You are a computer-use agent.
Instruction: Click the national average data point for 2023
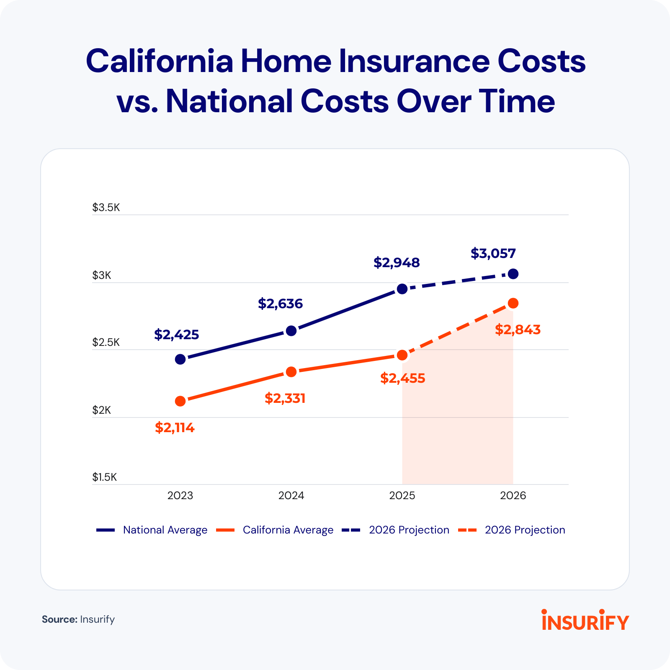click(180, 359)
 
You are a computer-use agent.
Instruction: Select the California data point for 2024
click(291, 372)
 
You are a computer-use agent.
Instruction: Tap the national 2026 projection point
click(513, 274)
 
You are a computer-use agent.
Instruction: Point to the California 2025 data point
click(402, 355)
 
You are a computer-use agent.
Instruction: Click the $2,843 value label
click(518, 330)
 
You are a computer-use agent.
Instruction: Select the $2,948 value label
click(397, 263)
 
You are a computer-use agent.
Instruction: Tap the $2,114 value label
click(175, 428)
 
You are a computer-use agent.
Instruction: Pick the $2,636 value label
click(280, 304)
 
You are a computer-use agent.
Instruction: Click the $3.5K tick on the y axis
click(106, 208)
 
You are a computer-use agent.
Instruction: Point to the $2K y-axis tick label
click(102, 410)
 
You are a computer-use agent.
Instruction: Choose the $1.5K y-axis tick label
click(105, 477)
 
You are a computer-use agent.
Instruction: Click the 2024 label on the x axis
click(291, 496)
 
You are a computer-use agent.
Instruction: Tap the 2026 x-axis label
click(513, 496)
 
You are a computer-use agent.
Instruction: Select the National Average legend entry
click(165, 530)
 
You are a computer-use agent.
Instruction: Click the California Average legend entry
click(288, 530)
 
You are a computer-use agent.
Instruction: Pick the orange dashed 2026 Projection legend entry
click(525, 530)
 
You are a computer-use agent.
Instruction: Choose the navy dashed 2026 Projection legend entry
click(409, 530)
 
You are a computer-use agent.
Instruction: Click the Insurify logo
click(585, 621)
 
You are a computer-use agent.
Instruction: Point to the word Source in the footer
click(59, 619)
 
